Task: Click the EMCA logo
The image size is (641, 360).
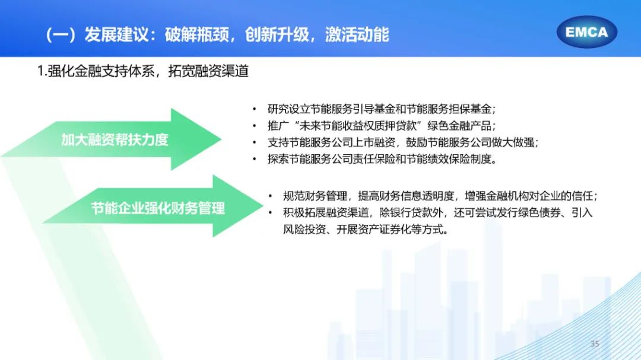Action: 586,32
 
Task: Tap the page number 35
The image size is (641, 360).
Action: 595,344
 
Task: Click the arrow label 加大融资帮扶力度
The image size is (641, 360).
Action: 115,140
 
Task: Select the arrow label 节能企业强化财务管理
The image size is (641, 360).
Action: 158,208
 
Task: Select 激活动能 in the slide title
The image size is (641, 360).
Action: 357,34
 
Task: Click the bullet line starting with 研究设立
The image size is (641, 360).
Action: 382,109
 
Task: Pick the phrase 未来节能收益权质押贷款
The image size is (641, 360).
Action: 358,126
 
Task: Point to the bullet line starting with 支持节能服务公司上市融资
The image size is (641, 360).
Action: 403,142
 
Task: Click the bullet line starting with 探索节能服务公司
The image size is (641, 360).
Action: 383,159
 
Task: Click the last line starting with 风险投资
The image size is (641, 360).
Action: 366,230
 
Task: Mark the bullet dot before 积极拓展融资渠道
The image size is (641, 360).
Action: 271,213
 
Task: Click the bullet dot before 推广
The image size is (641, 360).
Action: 255,126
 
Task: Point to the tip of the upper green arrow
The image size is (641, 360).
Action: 221,139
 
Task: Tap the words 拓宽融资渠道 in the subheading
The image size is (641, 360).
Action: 208,71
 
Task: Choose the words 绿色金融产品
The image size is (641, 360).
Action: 459,126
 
